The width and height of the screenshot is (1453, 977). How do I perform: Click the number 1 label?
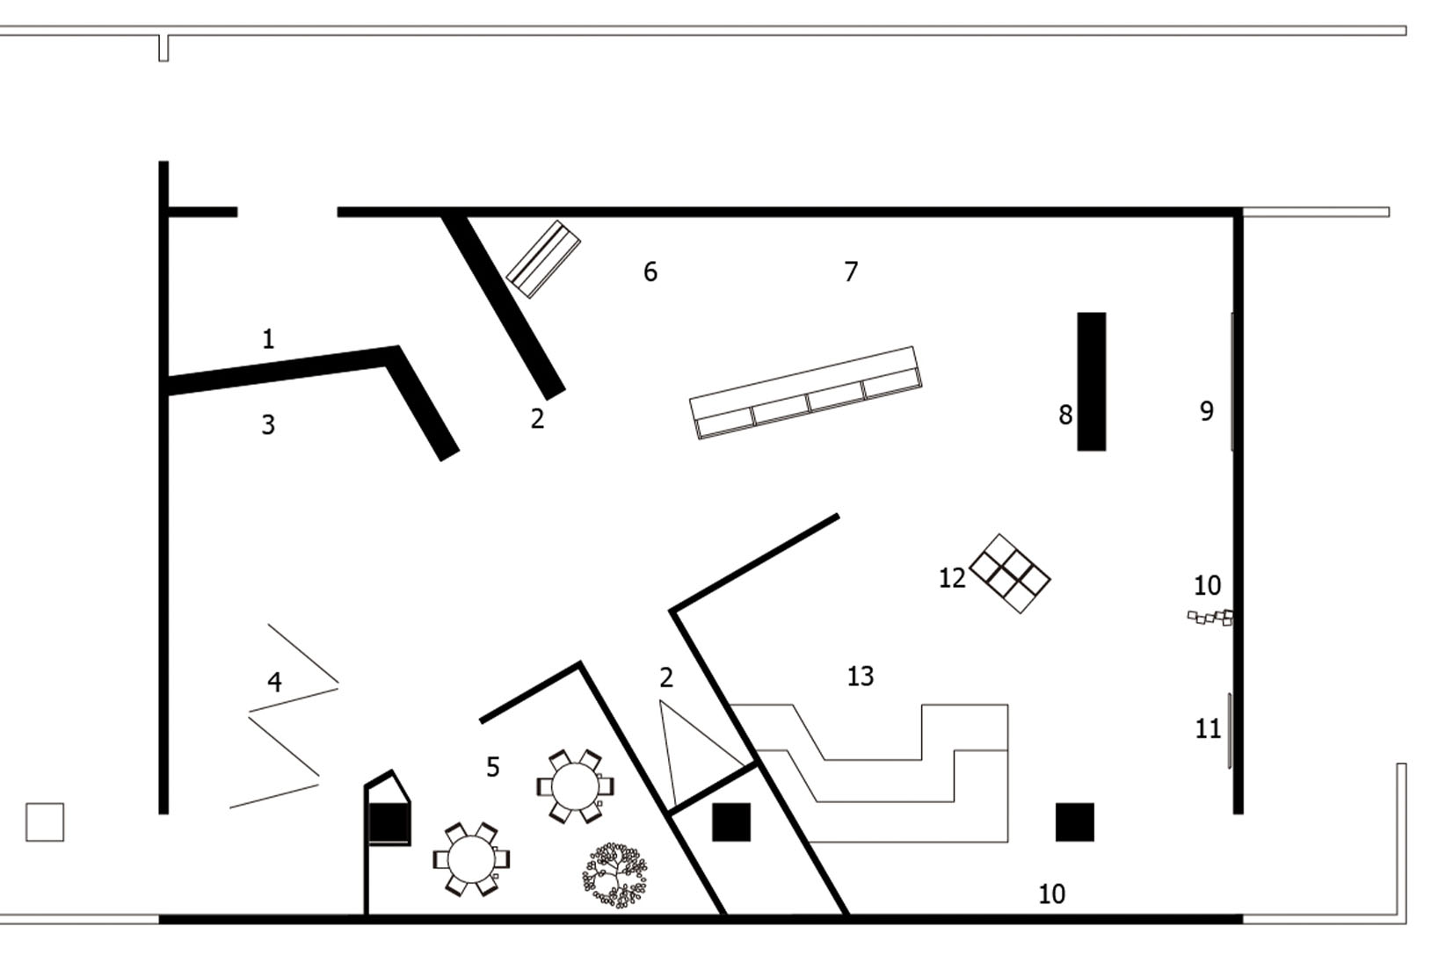point(268,338)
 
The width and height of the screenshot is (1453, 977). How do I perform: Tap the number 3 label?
point(268,425)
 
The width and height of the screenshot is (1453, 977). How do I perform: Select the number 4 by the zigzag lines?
point(274,682)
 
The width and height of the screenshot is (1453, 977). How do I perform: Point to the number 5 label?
point(493,767)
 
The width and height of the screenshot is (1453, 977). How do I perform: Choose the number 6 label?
point(650,272)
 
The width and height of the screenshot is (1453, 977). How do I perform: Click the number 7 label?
point(851,272)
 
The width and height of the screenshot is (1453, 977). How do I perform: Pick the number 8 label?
point(1065,415)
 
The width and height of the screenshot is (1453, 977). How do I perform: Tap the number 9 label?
point(1207,411)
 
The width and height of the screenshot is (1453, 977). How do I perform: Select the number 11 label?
point(1208,728)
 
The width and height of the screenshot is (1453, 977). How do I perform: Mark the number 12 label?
point(952,578)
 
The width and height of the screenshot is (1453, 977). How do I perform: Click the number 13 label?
point(861,676)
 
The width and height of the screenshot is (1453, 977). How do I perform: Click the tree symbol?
point(615,875)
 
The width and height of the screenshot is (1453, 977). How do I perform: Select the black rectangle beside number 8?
point(1092,381)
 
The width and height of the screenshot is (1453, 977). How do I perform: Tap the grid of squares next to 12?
point(1010,574)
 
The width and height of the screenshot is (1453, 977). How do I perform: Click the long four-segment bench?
point(805,393)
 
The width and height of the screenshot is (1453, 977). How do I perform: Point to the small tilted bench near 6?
point(544,259)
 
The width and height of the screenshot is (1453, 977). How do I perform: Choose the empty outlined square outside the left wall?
point(45,822)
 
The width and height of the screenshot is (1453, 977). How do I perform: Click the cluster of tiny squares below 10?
point(1211,618)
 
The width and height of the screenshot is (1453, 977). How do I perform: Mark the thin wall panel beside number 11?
point(1229,731)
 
